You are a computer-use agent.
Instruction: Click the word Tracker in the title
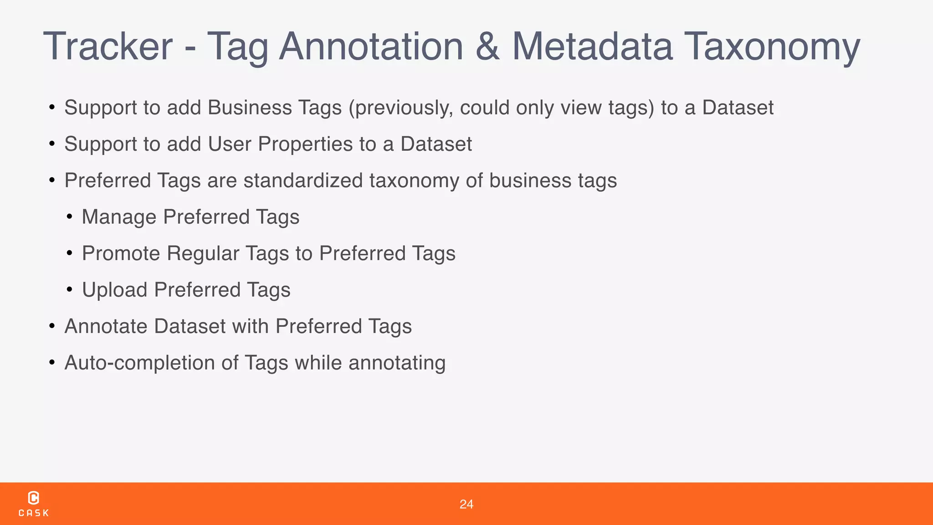(x=108, y=46)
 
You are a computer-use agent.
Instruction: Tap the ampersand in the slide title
(x=487, y=46)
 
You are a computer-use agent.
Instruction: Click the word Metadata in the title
(x=592, y=46)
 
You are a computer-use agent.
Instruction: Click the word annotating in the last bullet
(x=397, y=363)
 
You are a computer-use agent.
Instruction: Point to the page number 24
(x=466, y=504)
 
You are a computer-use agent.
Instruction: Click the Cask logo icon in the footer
(x=34, y=498)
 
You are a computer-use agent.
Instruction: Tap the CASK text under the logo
(x=34, y=513)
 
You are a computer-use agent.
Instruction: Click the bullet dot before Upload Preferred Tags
(x=69, y=290)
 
